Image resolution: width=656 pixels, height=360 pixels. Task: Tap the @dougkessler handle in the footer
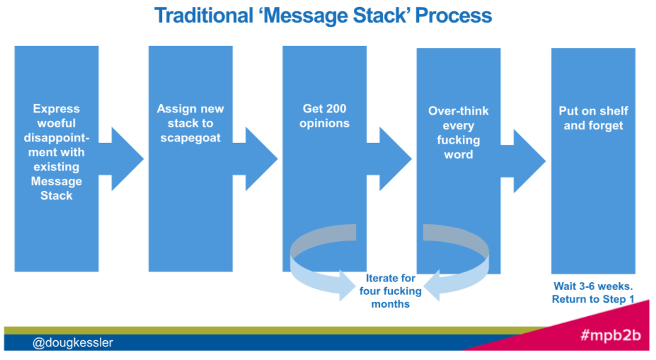pyautogui.click(x=72, y=343)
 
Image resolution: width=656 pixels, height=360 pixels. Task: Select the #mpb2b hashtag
pyautogui.click(x=610, y=336)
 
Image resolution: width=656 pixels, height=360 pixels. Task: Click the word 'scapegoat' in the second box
pyautogui.click(x=190, y=138)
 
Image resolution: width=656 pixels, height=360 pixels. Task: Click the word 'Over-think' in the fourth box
pyautogui.click(x=458, y=111)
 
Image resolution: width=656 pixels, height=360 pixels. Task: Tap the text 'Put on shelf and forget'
pyautogui.click(x=593, y=118)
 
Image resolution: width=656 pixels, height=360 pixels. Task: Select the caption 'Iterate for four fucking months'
pyautogui.click(x=390, y=291)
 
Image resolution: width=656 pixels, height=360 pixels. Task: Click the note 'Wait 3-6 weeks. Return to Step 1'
pyautogui.click(x=593, y=293)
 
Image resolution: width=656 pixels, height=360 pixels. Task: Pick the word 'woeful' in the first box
pyautogui.click(x=57, y=123)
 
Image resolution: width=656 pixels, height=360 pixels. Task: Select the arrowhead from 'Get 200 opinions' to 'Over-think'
pyautogui.click(x=395, y=159)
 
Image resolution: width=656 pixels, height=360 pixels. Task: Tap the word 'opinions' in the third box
pyautogui.click(x=325, y=123)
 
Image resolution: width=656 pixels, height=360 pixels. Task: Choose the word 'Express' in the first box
pyautogui.click(x=57, y=108)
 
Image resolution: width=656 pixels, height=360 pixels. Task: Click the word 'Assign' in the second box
pyautogui.click(x=173, y=108)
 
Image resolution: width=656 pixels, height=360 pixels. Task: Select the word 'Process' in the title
pyautogui.click(x=454, y=15)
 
